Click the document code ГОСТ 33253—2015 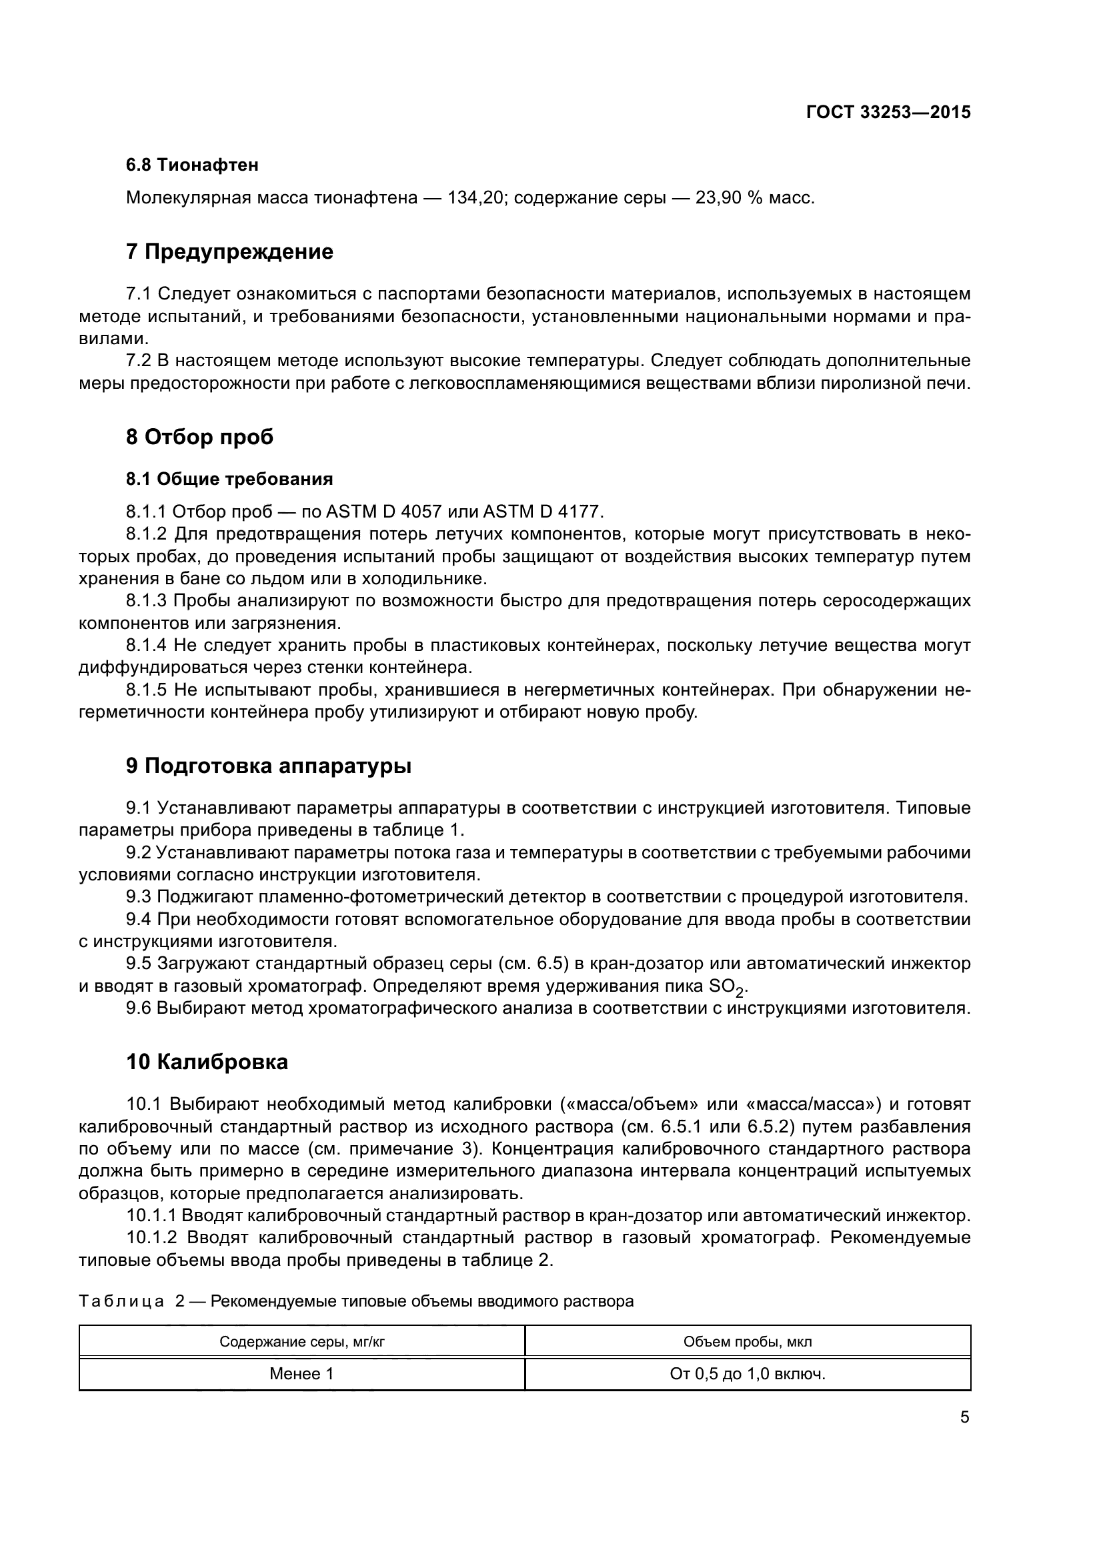click(888, 112)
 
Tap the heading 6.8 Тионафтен click(192, 165)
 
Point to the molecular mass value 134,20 click(474, 197)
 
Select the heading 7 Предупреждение click(229, 251)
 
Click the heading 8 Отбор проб click(199, 436)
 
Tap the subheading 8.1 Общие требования click(229, 479)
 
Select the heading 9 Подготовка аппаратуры click(269, 766)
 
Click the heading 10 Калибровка click(207, 1062)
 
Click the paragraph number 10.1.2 click(151, 1237)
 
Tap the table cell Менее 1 click(301, 1374)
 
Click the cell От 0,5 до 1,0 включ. click(747, 1374)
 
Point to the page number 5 click(964, 1417)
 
